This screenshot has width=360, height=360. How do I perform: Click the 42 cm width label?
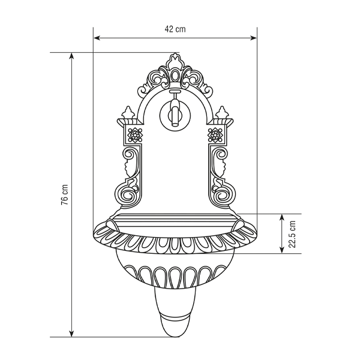[175, 29]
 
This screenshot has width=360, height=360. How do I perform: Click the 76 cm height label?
[65, 194]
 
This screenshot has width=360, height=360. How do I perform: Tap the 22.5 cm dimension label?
[292, 234]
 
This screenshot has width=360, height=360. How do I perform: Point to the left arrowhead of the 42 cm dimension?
[97, 38]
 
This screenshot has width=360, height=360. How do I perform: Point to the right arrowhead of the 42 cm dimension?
[253, 38]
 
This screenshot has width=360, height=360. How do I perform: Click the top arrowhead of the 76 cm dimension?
[71, 56]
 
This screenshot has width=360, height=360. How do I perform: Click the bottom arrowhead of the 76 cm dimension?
[71, 334]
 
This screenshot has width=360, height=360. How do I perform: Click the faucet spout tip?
[175, 124]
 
